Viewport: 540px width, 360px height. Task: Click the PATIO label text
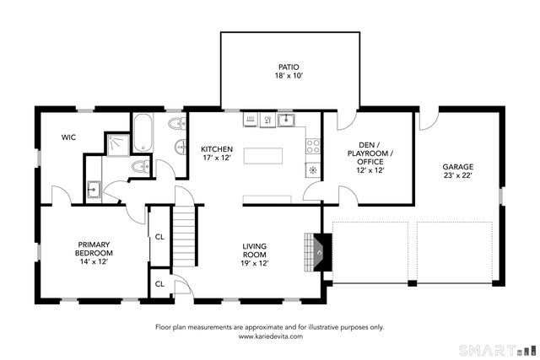(x=289, y=67)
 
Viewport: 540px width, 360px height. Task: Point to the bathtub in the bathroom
(x=143, y=135)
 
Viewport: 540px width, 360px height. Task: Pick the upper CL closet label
(x=159, y=237)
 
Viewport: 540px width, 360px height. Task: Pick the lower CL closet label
(x=159, y=285)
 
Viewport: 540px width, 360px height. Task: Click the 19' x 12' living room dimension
(x=254, y=264)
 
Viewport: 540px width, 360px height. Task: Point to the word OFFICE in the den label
(x=370, y=161)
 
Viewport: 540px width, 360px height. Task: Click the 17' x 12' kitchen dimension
(x=216, y=158)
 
